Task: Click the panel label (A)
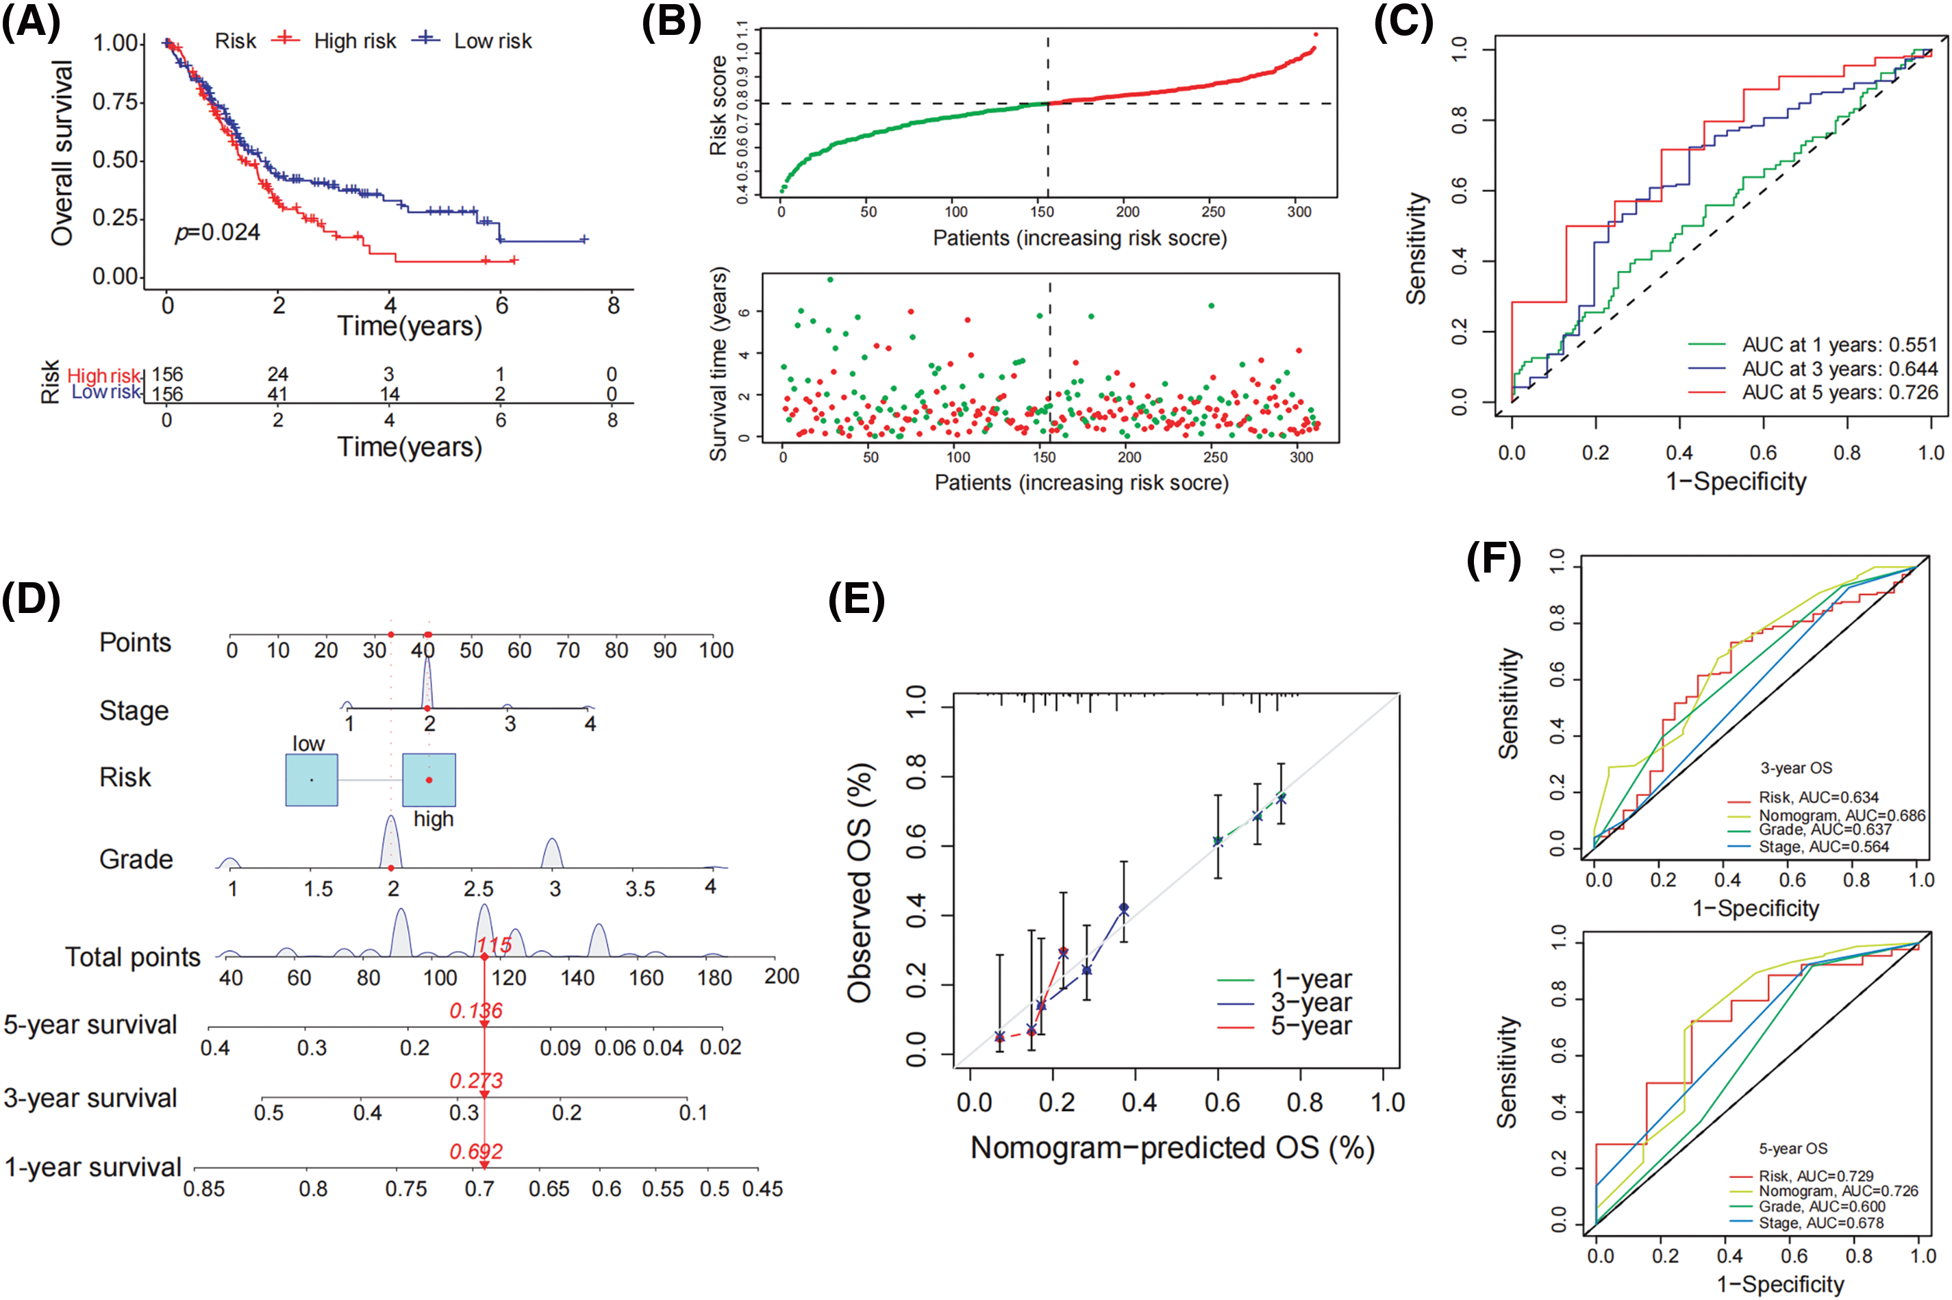31,23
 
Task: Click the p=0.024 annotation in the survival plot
217,233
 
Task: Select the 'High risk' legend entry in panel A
354,40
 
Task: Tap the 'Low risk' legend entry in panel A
492,40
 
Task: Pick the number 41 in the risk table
277,394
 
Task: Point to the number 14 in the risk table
389,394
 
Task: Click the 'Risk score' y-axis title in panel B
718,106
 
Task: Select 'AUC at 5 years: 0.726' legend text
1839,392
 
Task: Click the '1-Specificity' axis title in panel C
1736,482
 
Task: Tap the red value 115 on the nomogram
493,945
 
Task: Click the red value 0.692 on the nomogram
476,1151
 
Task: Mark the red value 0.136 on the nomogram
476,1011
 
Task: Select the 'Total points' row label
133,958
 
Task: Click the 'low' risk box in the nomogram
312,779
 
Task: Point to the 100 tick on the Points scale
715,650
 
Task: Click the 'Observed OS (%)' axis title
859,882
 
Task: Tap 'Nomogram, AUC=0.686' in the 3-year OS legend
1842,816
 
